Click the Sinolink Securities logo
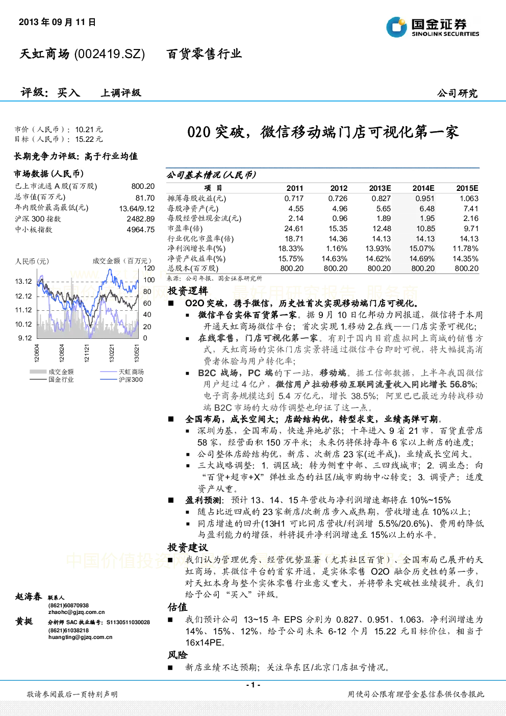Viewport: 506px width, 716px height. pos(433,27)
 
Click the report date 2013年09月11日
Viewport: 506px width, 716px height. pos(57,22)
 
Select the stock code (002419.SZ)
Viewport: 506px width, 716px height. pos(110,54)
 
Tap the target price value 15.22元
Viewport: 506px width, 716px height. pos(89,139)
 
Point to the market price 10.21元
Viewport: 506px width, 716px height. pos(89,130)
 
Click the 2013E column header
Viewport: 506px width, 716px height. pos(380,188)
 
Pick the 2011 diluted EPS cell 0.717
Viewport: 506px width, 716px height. pos(294,199)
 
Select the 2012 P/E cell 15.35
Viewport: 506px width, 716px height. pos(338,229)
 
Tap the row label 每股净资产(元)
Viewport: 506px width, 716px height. pos(193,209)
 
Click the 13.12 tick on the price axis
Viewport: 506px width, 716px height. pos(23,281)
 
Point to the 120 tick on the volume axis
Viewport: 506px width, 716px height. pos(149,268)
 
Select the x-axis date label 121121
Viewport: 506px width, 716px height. pos(87,353)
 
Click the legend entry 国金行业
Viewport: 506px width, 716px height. pos(61,379)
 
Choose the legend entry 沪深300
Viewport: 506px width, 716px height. pos(131,379)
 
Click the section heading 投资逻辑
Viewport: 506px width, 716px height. pos(188,290)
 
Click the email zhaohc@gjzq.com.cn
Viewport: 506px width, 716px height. pos(77,612)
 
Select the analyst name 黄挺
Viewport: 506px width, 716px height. pos(24,621)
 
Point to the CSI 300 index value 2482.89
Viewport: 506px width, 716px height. pos(141,219)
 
